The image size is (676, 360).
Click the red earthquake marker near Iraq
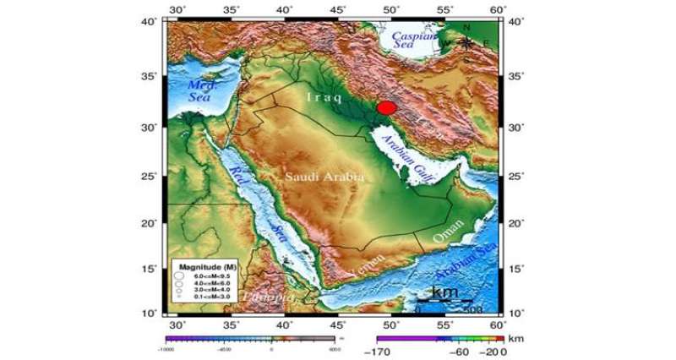(386, 107)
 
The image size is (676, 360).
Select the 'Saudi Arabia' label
(324, 177)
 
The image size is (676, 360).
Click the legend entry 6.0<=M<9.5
(210, 276)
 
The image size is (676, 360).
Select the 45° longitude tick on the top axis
(338, 9)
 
